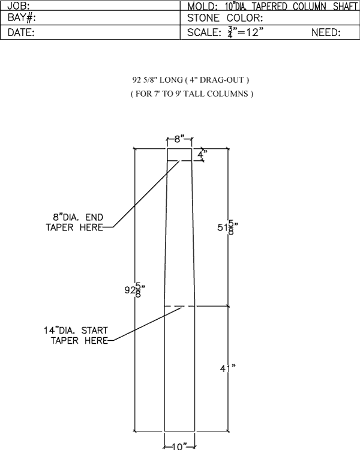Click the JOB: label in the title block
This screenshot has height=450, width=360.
[x=19, y=6]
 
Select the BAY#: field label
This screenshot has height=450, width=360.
[x=22, y=18]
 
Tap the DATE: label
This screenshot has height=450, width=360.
[x=21, y=32]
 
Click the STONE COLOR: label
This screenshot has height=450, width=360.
[x=225, y=18]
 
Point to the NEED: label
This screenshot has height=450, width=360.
[x=326, y=32]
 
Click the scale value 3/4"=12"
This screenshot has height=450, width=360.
[x=245, y=32]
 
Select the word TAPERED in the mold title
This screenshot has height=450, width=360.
[x=269, y=7]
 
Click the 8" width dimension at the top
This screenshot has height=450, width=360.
[x=179, y=139]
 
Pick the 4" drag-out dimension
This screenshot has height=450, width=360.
[x=202, y=154]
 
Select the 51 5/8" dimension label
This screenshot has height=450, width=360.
[x=227, y=227]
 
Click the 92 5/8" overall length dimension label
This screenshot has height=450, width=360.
[x=134, y=290]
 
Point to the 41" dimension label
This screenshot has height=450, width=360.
[x=228, y=368]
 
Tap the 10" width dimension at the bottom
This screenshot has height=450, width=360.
[x=179, y=446]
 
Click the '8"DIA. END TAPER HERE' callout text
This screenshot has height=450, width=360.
[x=74, y=222]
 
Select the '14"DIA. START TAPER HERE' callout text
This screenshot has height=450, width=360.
[x=76, y=335]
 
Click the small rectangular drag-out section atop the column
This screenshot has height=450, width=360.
[x=179, y=154]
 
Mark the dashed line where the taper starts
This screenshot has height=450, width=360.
[x=179, y=306]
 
